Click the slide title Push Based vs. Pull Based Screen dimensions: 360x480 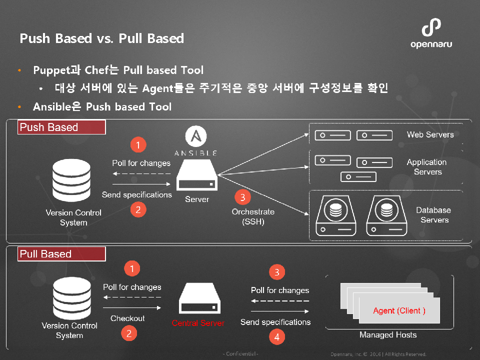coord(101,38)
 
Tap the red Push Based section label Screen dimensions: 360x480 coord(61,127)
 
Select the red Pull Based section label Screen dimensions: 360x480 coord(61,254)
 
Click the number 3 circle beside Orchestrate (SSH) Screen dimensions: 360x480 coord(242,197)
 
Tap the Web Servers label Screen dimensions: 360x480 coord(430,134)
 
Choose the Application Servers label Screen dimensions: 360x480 coord(426,167)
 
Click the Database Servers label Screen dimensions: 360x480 coord(433,215)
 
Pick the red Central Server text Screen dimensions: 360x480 coord(198,323)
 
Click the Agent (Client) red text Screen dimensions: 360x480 coord(399,310)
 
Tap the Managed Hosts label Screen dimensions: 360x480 coord(388,335)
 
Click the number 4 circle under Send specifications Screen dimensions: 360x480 coord(276,337)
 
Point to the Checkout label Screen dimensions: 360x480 coord(127,318)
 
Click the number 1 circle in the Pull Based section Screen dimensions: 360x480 coord(131,269)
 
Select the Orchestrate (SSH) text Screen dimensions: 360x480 coord(253,216)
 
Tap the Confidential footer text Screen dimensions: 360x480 coord(240,354)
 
